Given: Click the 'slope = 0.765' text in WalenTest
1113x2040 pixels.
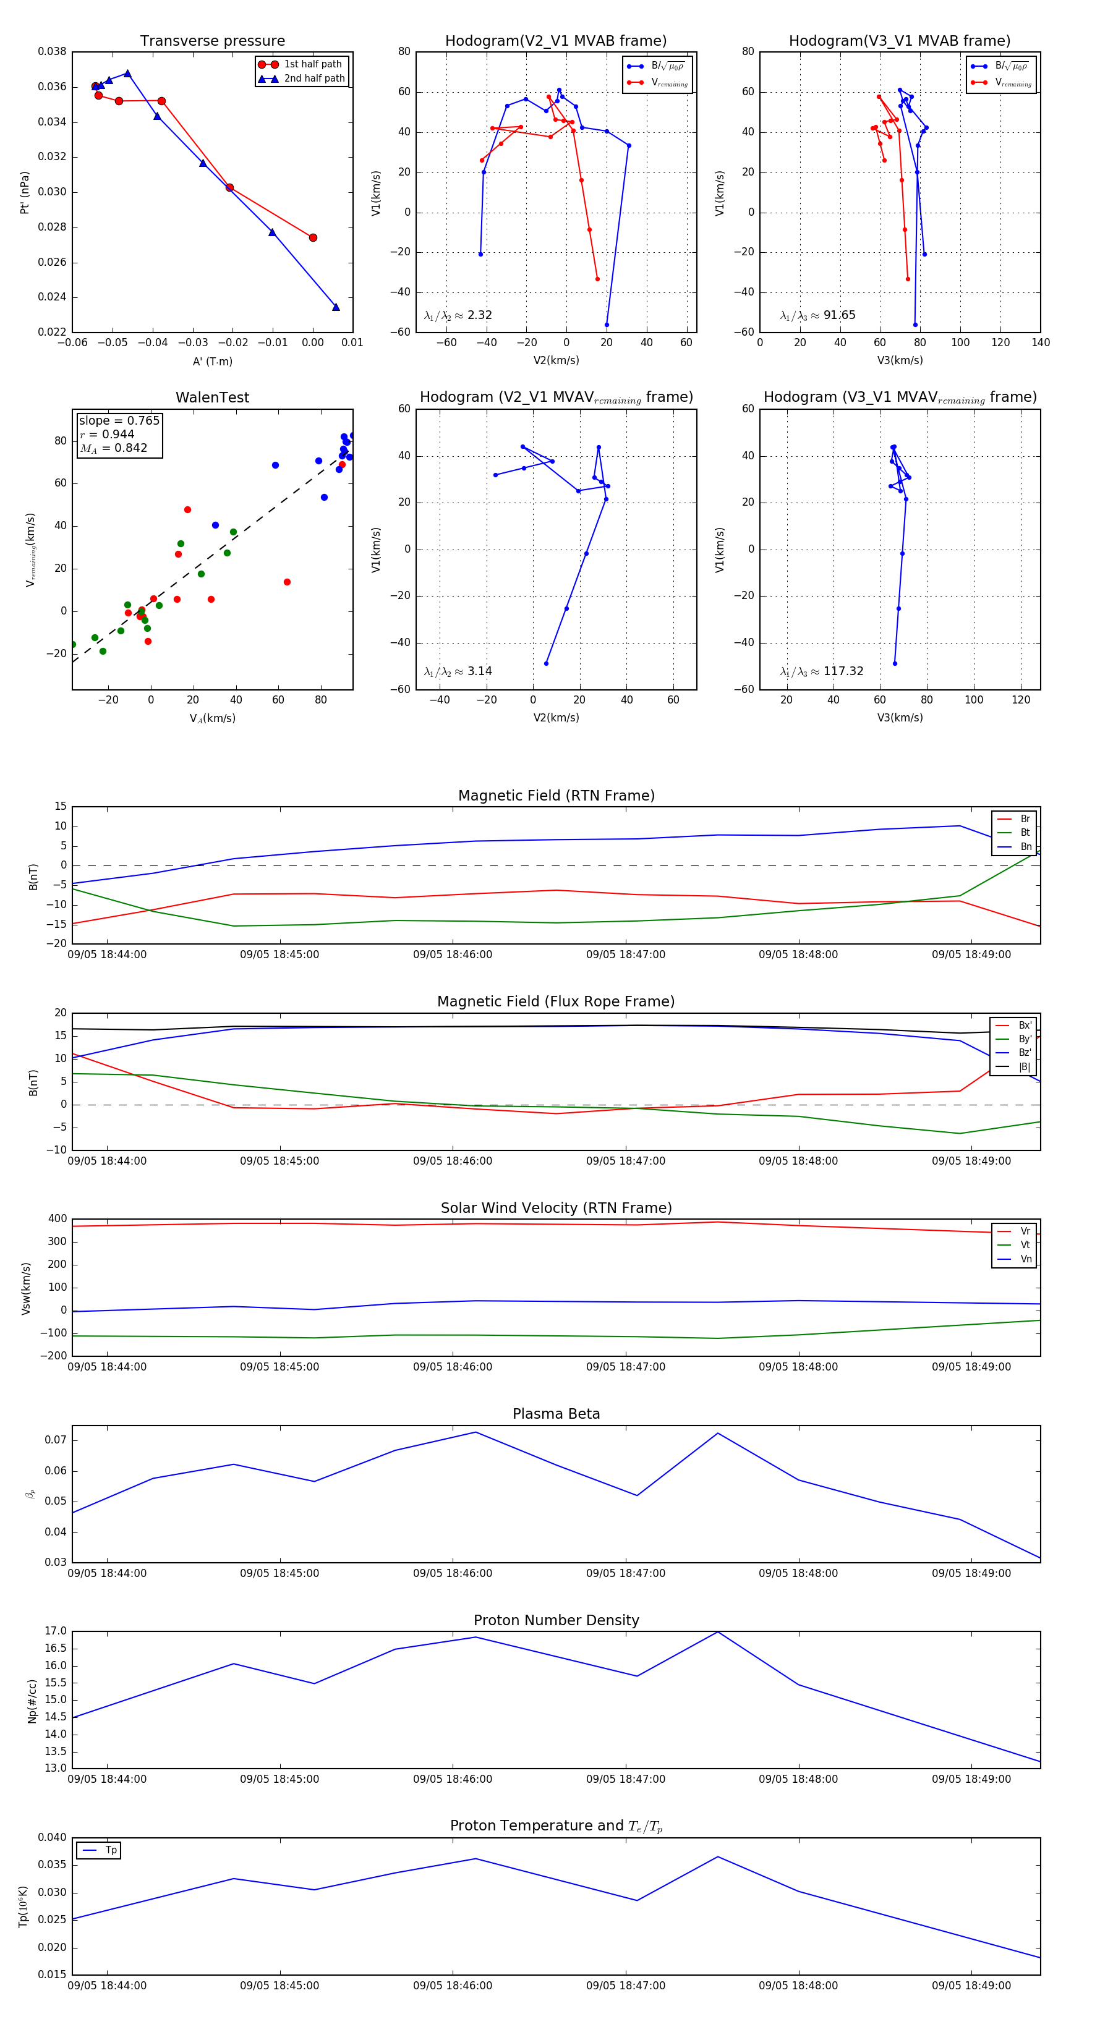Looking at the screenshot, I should click(119, 420).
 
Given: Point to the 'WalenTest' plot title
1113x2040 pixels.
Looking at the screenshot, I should click(212, 397).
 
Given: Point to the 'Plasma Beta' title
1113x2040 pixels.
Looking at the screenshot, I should click(556, 1414).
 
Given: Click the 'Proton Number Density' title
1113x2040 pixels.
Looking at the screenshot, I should click(556, 1620).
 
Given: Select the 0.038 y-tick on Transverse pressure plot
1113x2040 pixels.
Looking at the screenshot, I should click(53, 51).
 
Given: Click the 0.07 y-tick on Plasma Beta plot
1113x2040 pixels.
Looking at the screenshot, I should click(56, 1440).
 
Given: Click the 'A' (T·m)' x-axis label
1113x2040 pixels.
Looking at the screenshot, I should click(212, 361).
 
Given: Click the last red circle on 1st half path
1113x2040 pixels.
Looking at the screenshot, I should click(313, 237).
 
